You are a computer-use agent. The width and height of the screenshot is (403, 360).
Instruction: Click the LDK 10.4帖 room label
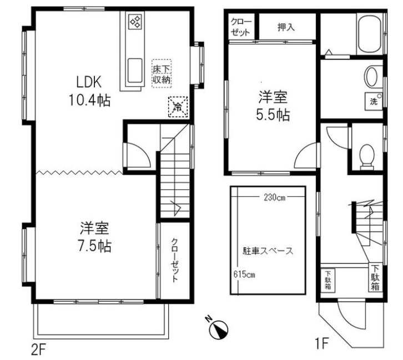(89, 91)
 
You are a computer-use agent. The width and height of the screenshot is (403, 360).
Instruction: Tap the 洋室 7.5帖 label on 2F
(94, 237)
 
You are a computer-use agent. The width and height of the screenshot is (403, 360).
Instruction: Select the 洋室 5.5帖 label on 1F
(273, 106)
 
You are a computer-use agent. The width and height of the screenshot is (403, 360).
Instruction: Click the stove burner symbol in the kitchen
(135, 22)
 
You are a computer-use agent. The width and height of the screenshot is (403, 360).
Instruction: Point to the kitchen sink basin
(135, 71)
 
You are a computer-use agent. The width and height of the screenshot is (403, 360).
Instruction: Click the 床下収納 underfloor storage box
(162, 74)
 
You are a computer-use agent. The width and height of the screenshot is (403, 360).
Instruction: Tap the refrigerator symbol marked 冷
(178, 107)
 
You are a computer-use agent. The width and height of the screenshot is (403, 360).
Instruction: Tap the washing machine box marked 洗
(374, 101)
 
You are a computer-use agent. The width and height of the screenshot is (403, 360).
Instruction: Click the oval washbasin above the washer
(371, 76)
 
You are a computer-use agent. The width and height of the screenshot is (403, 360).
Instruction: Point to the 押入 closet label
(286, 27)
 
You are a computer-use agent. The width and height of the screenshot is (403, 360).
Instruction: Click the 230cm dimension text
(274, 197)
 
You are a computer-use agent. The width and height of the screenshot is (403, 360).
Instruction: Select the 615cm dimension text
(244, 274)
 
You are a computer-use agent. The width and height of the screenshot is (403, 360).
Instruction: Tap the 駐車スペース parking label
(268, 251)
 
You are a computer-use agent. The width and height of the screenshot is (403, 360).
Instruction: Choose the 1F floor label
(321, 343)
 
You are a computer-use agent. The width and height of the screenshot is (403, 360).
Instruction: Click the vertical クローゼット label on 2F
(175, 260)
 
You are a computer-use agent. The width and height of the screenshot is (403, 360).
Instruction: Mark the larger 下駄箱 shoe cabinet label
(375, 278)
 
